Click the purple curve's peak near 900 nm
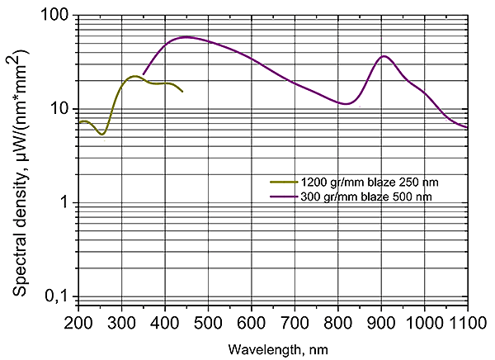(x=384, y=56)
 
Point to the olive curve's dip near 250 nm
(x=101, y=134)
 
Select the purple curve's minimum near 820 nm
(x=347, y=104)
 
